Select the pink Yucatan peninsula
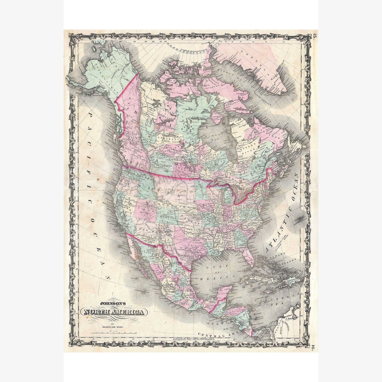pyautogui.click(x=224, y=292)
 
